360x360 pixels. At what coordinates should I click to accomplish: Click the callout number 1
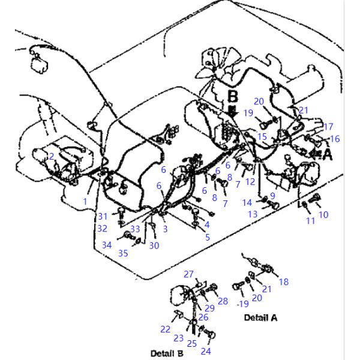pos(85,202)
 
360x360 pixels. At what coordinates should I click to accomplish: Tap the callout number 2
pos(52,156)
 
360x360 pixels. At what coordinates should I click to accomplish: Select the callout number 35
pos(123,253)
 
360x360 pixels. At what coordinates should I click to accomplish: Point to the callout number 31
pos(103,216)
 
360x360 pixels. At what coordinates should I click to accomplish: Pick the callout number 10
pos(323,214)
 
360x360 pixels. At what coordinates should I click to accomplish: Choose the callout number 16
pos(335,139)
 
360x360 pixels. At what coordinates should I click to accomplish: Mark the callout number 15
pos(262,136)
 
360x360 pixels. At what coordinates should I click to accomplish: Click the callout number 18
pos(284,281)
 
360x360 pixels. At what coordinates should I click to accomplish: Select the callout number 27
pos(189,274)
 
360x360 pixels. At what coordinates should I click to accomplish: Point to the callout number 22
pos(165,329)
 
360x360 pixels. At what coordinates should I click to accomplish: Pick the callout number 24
pos(206,351)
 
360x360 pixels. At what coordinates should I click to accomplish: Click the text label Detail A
pos(260,317)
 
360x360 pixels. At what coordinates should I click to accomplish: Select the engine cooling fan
pos(215,60)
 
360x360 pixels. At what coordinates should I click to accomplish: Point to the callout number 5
pos(208,237)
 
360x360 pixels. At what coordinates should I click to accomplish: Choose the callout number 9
pos(272,195)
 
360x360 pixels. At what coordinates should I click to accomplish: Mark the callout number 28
pos(223,301)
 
